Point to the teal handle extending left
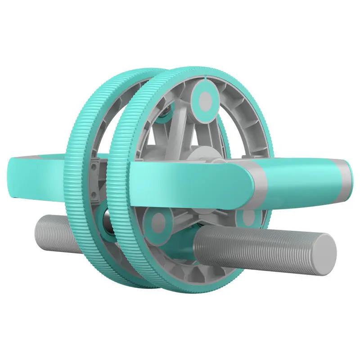coord(40,173)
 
